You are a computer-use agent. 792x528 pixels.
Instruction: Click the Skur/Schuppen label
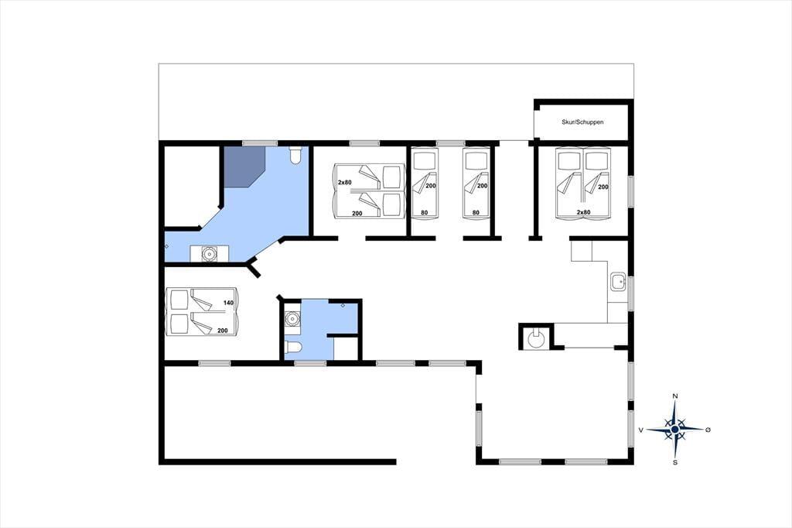pyautogui.click(x=582, y=122)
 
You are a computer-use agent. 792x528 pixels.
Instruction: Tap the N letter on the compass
pyautogui.click(x=674, y=396)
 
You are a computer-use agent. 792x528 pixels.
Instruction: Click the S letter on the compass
pyautogui.click(x=675, y=462)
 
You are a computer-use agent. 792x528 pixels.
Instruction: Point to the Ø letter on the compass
pyautogui.click(x=708, y=430)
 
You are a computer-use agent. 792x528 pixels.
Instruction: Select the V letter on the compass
pyautogui.click(x=641, y=430)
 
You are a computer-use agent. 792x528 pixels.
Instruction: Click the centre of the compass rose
pyautogui.click(x=674, y=430)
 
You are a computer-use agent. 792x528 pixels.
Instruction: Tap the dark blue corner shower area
pyautogui.click(x=244, y=167)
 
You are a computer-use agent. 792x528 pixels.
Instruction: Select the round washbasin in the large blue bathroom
pyautogui.click(x=209, y=253)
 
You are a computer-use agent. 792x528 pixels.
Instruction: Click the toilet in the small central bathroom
pyautogui.click(x=293, y=347)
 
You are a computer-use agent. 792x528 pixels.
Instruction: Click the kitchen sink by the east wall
pyautogui.click(x=618, y=281)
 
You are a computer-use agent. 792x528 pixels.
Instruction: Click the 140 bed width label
pyautogui.click(x=228, y=303)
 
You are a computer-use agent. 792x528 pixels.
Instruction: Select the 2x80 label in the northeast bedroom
pyautogui.click(x=583, y=212)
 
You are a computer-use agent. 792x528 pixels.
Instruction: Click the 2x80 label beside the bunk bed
pyautogui.click(x=345, y=182)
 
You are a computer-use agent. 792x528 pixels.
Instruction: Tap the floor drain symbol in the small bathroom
pyautogui.click(x=343, y=306)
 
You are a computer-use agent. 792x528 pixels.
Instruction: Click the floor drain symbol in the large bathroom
pyautogui.click(x=167, y=246)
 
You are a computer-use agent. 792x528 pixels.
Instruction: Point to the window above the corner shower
pyautogui.click(x=260, y=144)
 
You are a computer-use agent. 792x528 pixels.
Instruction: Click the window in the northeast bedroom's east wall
pyautogui.click(x=630, y=190)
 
